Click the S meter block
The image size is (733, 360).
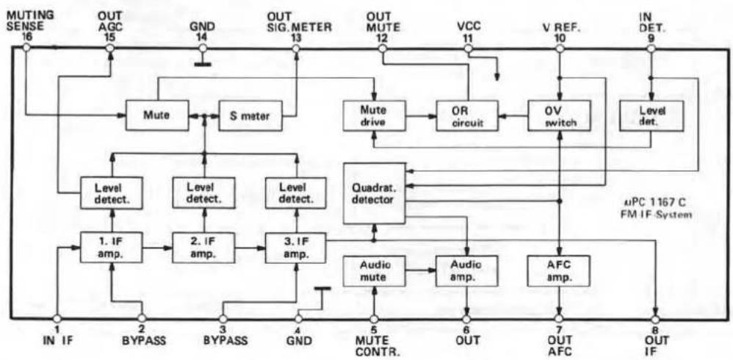click(x=250, y=115)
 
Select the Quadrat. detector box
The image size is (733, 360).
click(x=374, y=193)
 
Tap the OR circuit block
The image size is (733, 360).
click(x=466, y=115)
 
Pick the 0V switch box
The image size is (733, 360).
click(x=559, y=115)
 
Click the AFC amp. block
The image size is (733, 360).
click(x=558, y=270)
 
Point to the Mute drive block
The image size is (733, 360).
click(x=374, y=115)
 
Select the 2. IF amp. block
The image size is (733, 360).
click(x=204, y=248)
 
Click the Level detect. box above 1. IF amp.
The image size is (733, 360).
click(x=111, y=192)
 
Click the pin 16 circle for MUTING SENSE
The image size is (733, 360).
click(x=26, y=48)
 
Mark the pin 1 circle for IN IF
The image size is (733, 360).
click(x=57, y=319)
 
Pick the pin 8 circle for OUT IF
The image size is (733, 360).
click(x=655, y=319)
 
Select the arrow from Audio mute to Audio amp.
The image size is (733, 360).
click(x=420, y=270)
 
